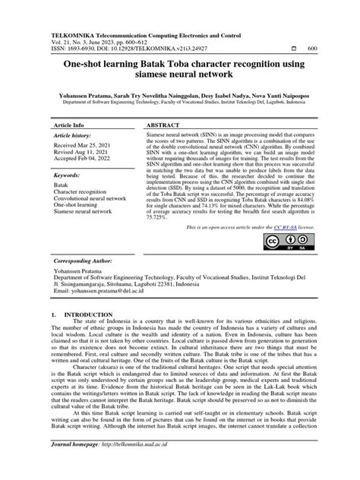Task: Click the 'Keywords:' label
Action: [x=68, y=175]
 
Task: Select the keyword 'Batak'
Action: [x=62, y=186]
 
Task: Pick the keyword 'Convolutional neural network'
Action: [x=90, y=199]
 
